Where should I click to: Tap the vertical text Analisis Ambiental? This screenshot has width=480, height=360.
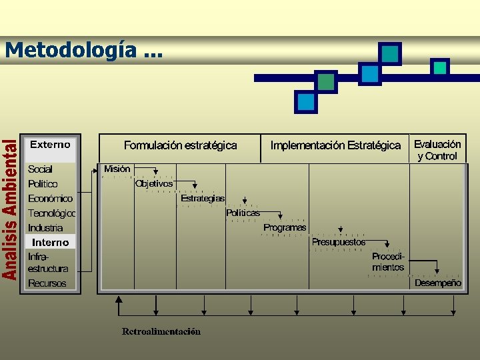pyautogui.click(x=9, y=209)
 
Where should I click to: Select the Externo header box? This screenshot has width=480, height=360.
pyautogui.click(x=51, y=144)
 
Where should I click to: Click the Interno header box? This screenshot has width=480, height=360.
pyautogui.click(x=51, y=242)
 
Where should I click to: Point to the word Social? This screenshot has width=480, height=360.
pyautogui.click(x=40, y=169)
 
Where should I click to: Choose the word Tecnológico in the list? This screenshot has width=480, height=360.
pyautogui.click(x=51, y=213)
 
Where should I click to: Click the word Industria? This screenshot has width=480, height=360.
pyautogui.click(x=45, y=228)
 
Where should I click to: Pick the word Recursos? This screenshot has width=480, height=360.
pyautogui.click(x=47, y=283)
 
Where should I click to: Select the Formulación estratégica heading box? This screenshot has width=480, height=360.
pyautogui.click(x=180, y=145)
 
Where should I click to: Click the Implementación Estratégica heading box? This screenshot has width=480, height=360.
pyautogui.click(x=336, y=145)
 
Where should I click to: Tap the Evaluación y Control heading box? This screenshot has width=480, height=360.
pyautogui.click(x=437, y=150)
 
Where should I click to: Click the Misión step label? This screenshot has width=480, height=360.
pyautogui.click(x=117, y=169)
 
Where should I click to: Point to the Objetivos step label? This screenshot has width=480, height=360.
pyautogui.click(x=154, y=183)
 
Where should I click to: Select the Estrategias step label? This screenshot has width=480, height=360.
pyautogui.click(x=203, y=198)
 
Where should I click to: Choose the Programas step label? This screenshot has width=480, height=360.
pyautogui.click(x=285, y=227)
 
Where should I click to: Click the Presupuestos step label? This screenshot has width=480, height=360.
pyautogui.click(x=339, y=243)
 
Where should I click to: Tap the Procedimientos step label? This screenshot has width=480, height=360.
pyautogui.click(x=388, y=262)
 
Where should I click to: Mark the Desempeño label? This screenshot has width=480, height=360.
pyautogui.click(x=437, y=283)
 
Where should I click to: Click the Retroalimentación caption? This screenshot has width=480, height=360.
pyautogui.click(x=161, y=331)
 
